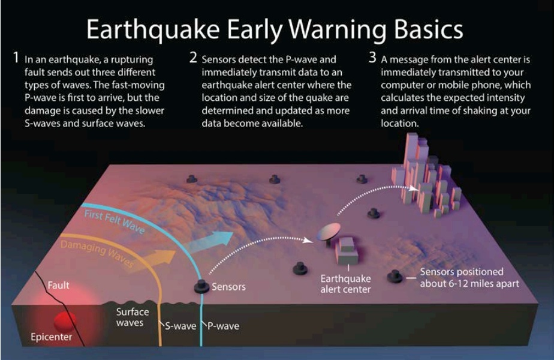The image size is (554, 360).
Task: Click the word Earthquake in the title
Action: (153, 31)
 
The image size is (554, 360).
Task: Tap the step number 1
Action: (16, 57)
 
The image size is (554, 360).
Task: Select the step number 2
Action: (193, 57)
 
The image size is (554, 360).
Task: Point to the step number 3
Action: (372, 57)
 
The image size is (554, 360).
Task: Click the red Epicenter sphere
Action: (65, 321)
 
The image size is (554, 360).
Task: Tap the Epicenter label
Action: (51, 337)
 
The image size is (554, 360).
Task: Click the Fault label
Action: (58, 285)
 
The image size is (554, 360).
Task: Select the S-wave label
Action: (180, 326)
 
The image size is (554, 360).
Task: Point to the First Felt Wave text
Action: (115, 221)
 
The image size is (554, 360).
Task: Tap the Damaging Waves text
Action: (97, 253)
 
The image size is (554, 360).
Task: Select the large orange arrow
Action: (153, 260)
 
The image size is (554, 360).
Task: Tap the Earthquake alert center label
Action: (345, 284)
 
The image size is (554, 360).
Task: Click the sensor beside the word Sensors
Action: (201, 286)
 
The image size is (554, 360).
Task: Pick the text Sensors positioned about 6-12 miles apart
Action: (469, 278)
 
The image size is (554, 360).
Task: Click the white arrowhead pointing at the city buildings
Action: (413, 189)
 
